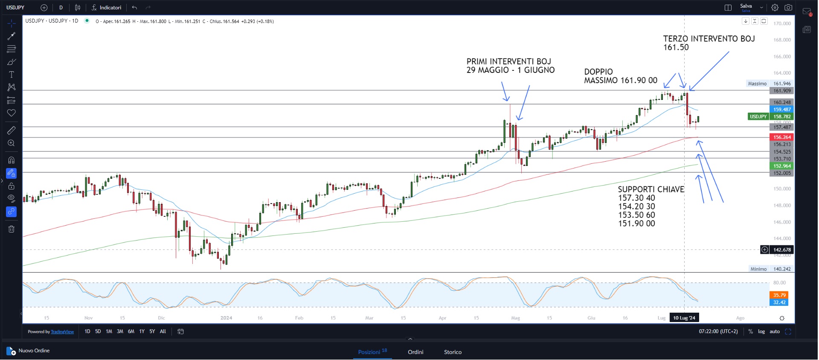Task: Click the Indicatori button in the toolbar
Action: pos(107,8)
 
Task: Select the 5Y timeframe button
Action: pos(152,331)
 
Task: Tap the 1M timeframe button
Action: pos(109,331)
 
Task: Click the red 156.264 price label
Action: pos(782,137)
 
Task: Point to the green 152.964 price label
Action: pos(782,166)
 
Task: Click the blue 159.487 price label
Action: pos(782,110)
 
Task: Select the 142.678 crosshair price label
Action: pos(782,250)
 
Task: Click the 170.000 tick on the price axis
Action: pos(782,23)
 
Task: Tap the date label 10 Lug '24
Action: pos(684,318)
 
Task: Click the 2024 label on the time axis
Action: pos(226,318)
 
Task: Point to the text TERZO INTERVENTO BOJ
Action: pos(709,39)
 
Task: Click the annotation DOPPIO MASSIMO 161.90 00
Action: pos(621,76)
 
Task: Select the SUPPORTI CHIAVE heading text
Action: pos(651,189)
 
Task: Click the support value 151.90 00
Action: pos(636,224)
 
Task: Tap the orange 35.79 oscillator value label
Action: pos(779,295)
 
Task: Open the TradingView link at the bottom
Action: pos(62,332)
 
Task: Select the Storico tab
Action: pos(453,352)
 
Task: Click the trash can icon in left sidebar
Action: pos(12,229)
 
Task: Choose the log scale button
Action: pos(761,331)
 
